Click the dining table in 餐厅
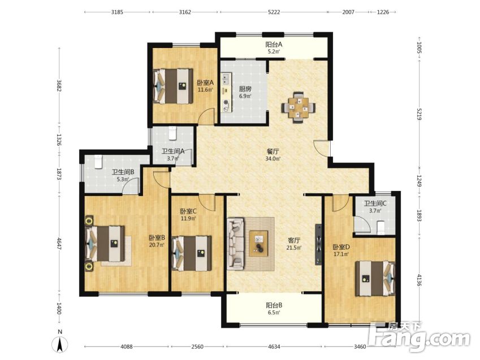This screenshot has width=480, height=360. tap(298, 107)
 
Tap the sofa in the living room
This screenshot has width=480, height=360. tap(235, 244)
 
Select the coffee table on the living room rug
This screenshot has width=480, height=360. tap(258, 244)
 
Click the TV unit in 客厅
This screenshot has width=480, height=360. tap(319, 245)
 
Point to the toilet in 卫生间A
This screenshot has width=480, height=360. tap(173, 133)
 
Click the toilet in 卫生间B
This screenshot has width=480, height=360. tap(98, 162)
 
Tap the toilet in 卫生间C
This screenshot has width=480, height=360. tap(381, 227)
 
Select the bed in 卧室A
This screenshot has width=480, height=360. tap(173, 86)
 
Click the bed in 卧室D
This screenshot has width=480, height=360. tap(375, 278)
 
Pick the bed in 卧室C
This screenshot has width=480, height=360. tap(192, 253)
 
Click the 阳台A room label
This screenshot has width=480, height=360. tap(274, 45)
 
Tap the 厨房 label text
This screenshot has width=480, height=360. tap(245, 89)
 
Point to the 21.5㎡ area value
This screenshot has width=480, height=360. tap(294, 248)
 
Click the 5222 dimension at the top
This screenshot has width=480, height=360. tap(274, 12)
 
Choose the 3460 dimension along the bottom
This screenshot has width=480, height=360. tap(360, 346)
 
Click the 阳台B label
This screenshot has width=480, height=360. tap(274, 305)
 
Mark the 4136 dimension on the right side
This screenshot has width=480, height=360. tap(419, 279)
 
